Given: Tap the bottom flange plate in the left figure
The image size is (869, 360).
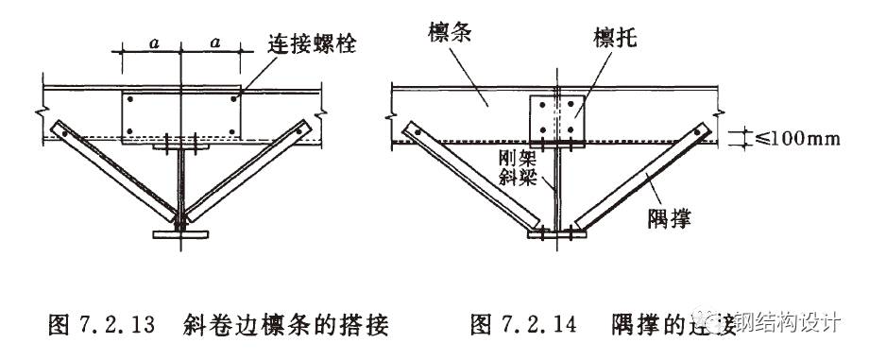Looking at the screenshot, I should click(179, 233).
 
